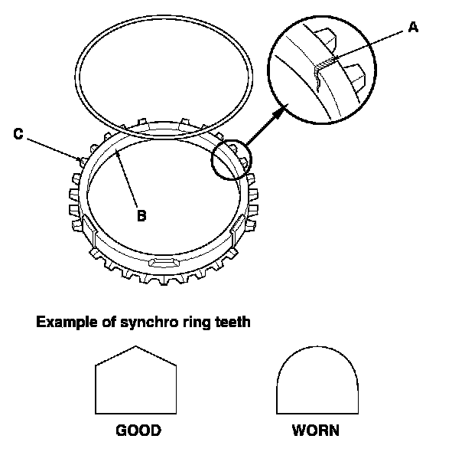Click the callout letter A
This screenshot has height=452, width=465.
click(x=414, y=28)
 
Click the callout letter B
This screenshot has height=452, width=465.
click(x=141, y=216)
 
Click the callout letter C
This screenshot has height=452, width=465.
click(x=19, y=133)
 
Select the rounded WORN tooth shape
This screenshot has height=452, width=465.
click(x=315, y=384)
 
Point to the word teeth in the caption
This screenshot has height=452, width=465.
click(x=229, y=323)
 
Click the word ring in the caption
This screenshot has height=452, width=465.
click(x=193, y=323)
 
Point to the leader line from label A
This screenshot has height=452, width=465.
click(x=375, y=42)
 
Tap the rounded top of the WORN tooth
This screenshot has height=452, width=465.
click(x=315, y=354)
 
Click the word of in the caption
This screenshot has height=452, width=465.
click(x=106, y=323)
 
